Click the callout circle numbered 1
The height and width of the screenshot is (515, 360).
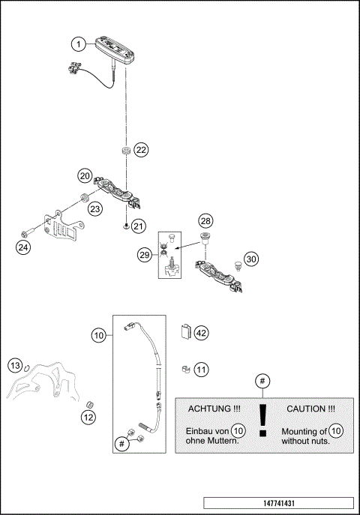(79, 44)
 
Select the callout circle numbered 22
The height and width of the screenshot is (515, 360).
(141, 149)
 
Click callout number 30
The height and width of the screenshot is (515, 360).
(251, 259)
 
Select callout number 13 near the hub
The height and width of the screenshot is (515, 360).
(15, 365)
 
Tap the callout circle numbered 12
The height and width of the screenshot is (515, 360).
(88, 417)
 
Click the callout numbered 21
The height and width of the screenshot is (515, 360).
(138, 226)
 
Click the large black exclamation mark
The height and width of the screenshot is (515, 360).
(262, 421)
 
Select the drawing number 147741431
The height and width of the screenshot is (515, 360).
(277, 502)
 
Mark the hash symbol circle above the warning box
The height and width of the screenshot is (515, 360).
(262, 382)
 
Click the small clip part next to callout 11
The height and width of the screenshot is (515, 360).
(184, 369)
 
